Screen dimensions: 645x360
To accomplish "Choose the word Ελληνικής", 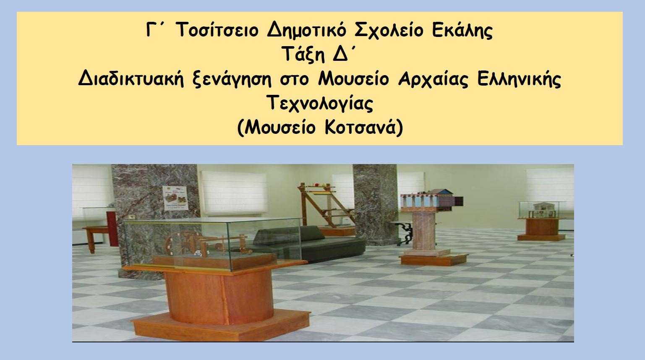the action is (519, 79).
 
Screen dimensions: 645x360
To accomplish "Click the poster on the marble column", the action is (175, 198).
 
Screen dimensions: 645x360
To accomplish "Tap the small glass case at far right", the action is (541, 210).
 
